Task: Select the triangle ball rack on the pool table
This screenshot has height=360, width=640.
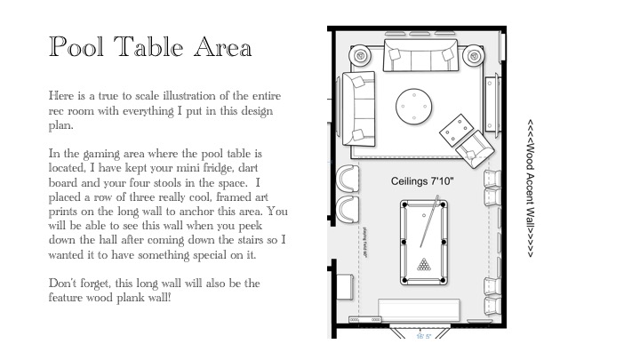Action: point(424,264)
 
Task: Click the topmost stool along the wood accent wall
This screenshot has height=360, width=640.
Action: point(492,181)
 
